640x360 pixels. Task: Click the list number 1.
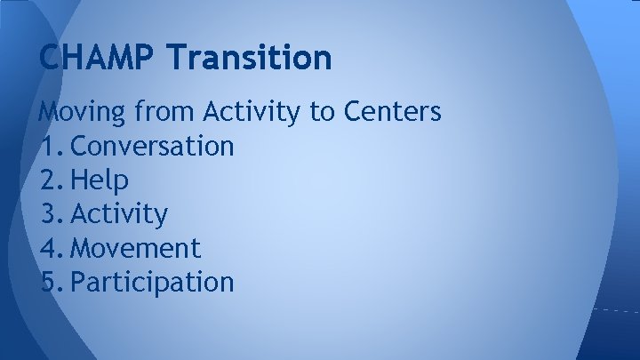48,146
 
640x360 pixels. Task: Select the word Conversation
152,146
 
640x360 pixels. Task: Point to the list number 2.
49,180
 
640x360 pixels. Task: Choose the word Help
100,180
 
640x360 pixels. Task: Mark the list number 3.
49,214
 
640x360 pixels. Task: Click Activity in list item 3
119,214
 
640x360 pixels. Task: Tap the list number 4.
49,248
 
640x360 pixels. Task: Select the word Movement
135,248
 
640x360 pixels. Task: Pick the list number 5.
49,282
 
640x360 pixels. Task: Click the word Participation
152,282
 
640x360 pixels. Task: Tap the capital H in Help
78,180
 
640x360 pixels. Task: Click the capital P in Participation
77,282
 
